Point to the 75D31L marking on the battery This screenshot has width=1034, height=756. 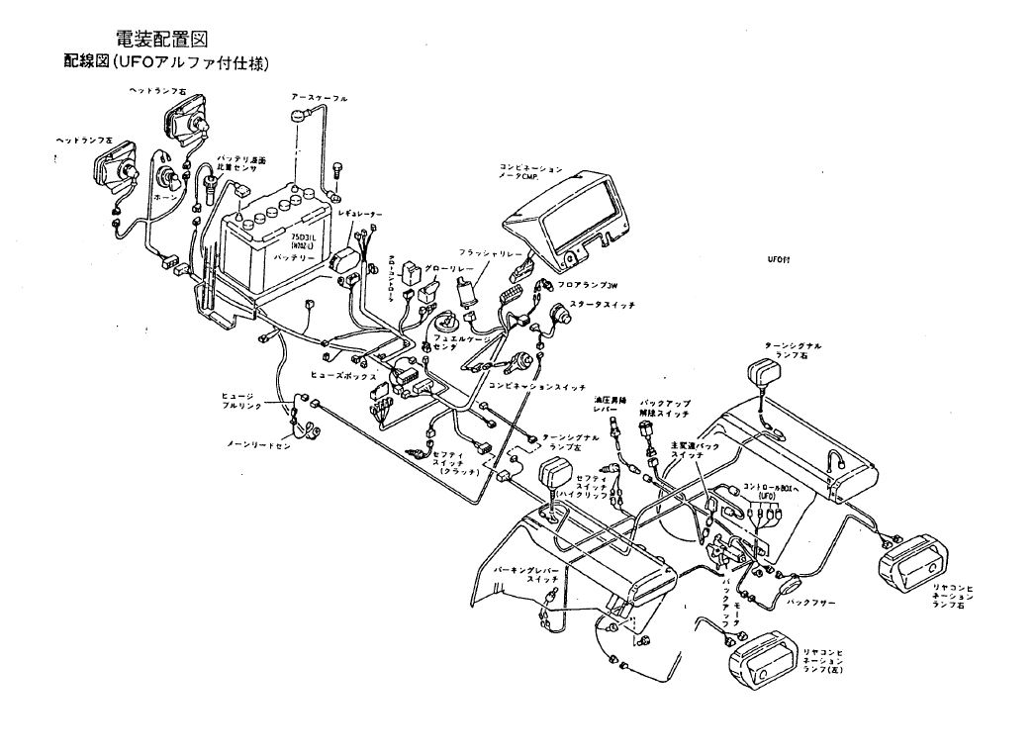tap(303, 238)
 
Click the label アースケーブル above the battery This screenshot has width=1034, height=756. tap(319, 99)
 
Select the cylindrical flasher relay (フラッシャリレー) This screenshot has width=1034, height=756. tap(465, 290)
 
